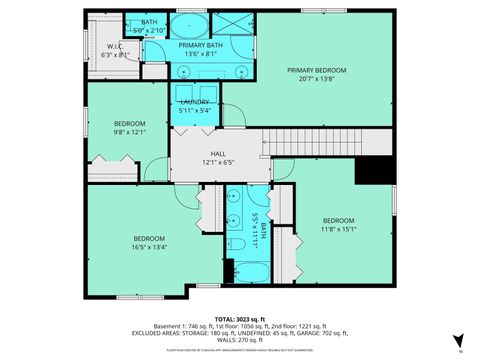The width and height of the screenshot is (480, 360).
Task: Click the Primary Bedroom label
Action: point(316,70)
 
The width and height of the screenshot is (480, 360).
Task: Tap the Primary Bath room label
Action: point(201,45)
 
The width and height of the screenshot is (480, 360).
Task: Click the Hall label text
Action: point(218,153)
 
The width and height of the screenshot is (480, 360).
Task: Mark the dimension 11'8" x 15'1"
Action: point(337,228)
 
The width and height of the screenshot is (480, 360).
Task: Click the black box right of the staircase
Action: point(375,170)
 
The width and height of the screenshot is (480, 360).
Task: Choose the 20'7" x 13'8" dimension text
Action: point(316,78)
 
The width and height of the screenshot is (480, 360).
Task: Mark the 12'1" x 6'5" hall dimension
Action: point(218,161)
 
